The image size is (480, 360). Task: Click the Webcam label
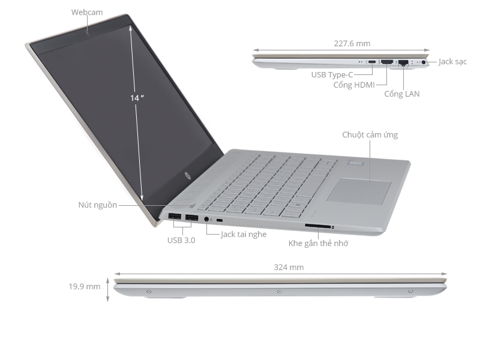[87, 12]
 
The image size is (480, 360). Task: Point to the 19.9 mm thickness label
[84, 286]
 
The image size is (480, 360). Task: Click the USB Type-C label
[332, 75]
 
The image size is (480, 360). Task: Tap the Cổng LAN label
[402, 94]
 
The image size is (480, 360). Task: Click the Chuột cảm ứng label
[370, 135]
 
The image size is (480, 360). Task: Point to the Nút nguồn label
[97, 205]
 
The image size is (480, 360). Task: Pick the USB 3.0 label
[181, 241]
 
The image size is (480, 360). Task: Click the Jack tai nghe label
[244, 234]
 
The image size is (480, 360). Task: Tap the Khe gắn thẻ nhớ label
[318, 243]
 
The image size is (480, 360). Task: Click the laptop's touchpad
[360, 190]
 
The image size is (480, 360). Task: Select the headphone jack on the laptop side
[208, 219]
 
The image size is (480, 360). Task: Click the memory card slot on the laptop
[318, 226]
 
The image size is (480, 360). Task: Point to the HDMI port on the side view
[388, 62]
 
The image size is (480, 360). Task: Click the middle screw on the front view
[279, 292]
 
